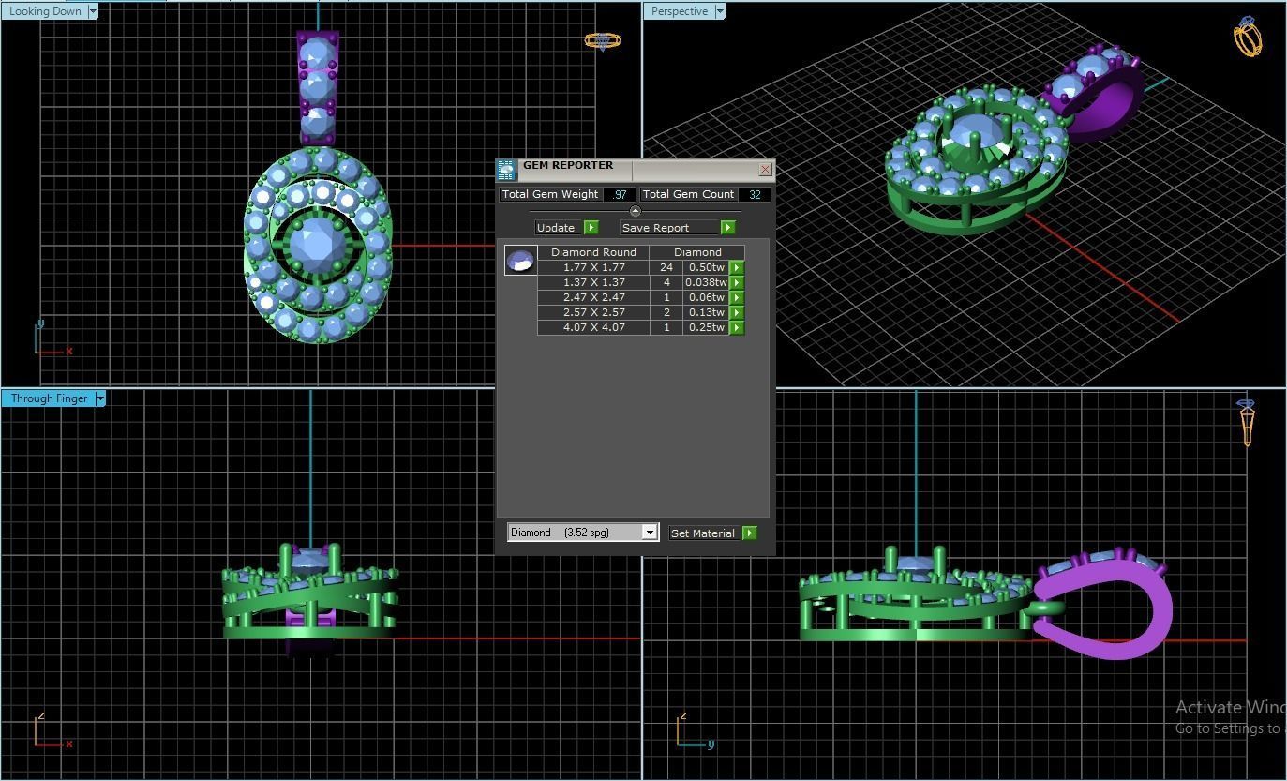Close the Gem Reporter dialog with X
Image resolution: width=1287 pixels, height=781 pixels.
(x=765, y=170)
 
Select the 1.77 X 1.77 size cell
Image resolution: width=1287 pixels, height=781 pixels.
(x=593, y=267)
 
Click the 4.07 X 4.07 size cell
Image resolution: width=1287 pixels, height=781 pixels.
(x=593, y=327)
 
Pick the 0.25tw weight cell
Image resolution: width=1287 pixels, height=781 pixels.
(x=706, y=327)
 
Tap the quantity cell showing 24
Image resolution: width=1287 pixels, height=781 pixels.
(x=666, y=267)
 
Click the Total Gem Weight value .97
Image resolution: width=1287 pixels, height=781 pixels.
(x=619, y=194)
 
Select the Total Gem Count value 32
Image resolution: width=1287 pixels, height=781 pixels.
(x=754, y=194)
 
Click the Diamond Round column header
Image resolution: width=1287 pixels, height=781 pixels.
(x=593, y=252)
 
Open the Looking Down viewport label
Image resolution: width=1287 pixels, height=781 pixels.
(x=45, y=11)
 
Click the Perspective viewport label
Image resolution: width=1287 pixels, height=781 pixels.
(x=680, y=11)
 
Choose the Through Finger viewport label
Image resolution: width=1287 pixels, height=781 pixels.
(x=49, y=398)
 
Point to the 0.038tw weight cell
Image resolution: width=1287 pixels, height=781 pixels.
(x=706, y=282)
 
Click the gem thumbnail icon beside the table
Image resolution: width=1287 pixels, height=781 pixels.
(x=520, y=260)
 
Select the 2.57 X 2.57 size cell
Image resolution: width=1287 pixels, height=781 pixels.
(x=593, y=312)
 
